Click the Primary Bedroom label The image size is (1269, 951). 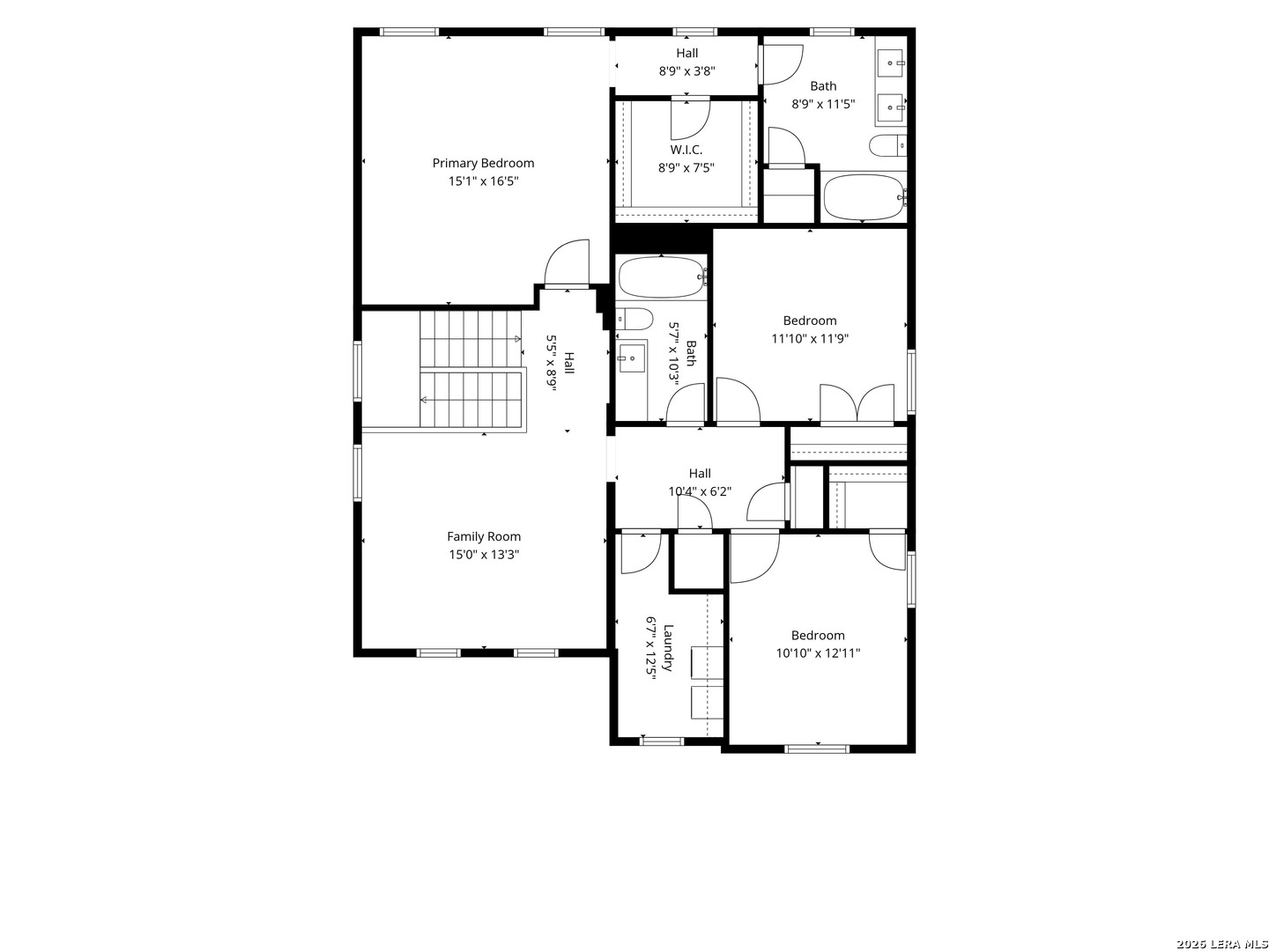483,163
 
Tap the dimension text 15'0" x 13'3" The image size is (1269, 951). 484,555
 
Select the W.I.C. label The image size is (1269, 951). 686,150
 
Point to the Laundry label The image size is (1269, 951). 668,647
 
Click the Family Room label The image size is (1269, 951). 483,536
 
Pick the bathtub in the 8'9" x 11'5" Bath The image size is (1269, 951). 864,197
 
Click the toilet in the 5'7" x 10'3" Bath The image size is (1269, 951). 634,318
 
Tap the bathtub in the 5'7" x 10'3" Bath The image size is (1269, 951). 662,277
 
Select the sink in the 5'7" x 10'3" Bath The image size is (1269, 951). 631,358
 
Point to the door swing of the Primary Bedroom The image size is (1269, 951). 568,262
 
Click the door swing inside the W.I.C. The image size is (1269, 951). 690,120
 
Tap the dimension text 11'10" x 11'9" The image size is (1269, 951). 809,338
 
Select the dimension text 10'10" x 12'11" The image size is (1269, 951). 818,653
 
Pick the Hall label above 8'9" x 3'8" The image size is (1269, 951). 686,53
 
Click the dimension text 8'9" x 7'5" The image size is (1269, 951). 686,168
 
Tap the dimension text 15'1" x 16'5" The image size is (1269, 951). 483,181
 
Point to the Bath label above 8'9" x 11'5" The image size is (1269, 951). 823,86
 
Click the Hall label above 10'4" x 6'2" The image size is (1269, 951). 700,474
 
